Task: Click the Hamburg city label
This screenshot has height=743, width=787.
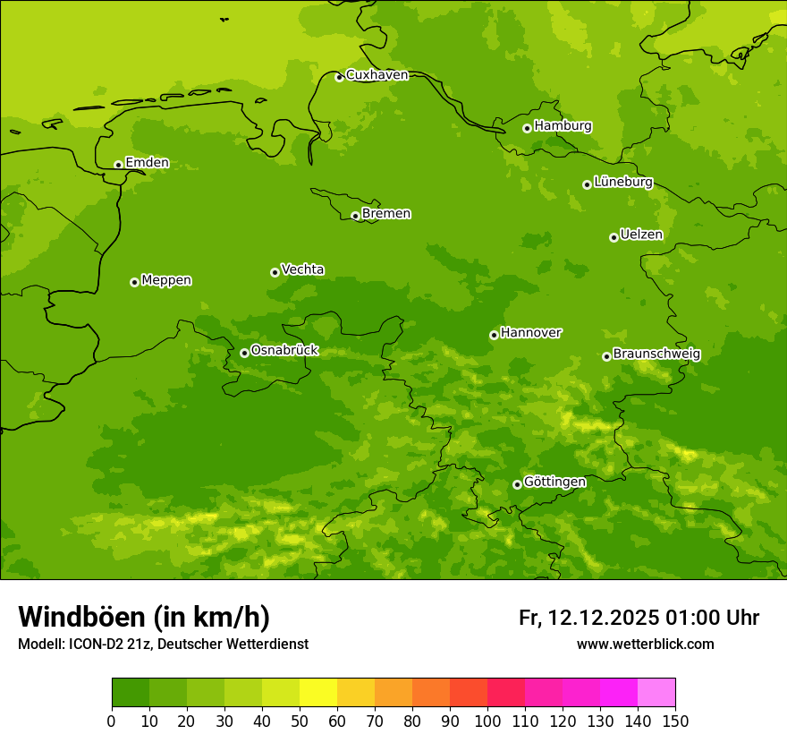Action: coord(563,126)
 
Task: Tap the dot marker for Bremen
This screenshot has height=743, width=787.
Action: coord(355,216)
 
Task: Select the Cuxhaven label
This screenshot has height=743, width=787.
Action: coord(377,75)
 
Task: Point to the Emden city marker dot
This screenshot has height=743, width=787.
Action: coord(118,165)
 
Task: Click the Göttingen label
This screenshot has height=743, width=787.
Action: coord(554,483)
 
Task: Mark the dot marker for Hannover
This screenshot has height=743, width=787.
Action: coord(494,336)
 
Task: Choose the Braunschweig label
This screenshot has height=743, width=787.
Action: coord(656,354)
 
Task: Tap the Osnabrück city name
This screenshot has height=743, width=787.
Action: coord(284,351)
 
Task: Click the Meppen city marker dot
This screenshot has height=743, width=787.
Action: coord(134,283)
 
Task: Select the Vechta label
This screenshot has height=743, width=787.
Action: coord(302,269)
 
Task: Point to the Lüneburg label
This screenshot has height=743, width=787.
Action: coord(622,182)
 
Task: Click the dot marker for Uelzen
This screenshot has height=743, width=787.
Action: coord(614,238)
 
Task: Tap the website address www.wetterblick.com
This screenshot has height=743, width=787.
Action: coord(645,645)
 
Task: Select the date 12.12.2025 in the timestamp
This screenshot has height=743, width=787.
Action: coord(604,618)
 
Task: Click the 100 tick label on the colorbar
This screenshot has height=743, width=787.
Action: coord(487,721)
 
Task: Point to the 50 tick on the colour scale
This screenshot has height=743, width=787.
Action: coord(300,721)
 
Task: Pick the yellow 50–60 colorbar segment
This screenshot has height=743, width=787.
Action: coord(318,693)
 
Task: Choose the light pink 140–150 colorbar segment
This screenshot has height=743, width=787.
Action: coord(656,693)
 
